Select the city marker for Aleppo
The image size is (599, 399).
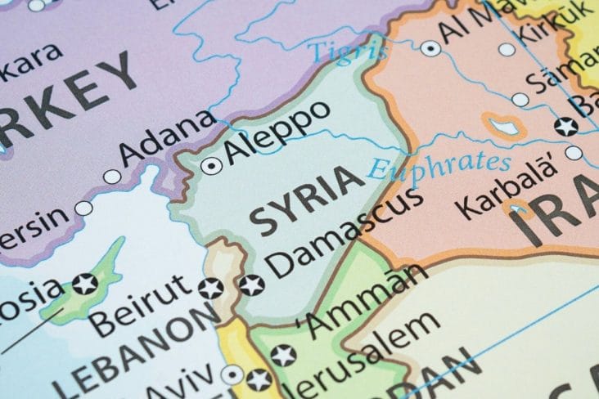[x=211, y=166]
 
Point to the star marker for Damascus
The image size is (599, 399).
[x=251, y=285]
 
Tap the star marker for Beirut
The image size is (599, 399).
[x=210, y=288]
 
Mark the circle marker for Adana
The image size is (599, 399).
[x=111, y=177]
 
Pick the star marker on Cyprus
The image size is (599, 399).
[x=84, y=285]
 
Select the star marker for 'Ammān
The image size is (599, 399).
[x=283, y=355]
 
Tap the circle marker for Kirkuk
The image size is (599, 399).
[x=507, y=49]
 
